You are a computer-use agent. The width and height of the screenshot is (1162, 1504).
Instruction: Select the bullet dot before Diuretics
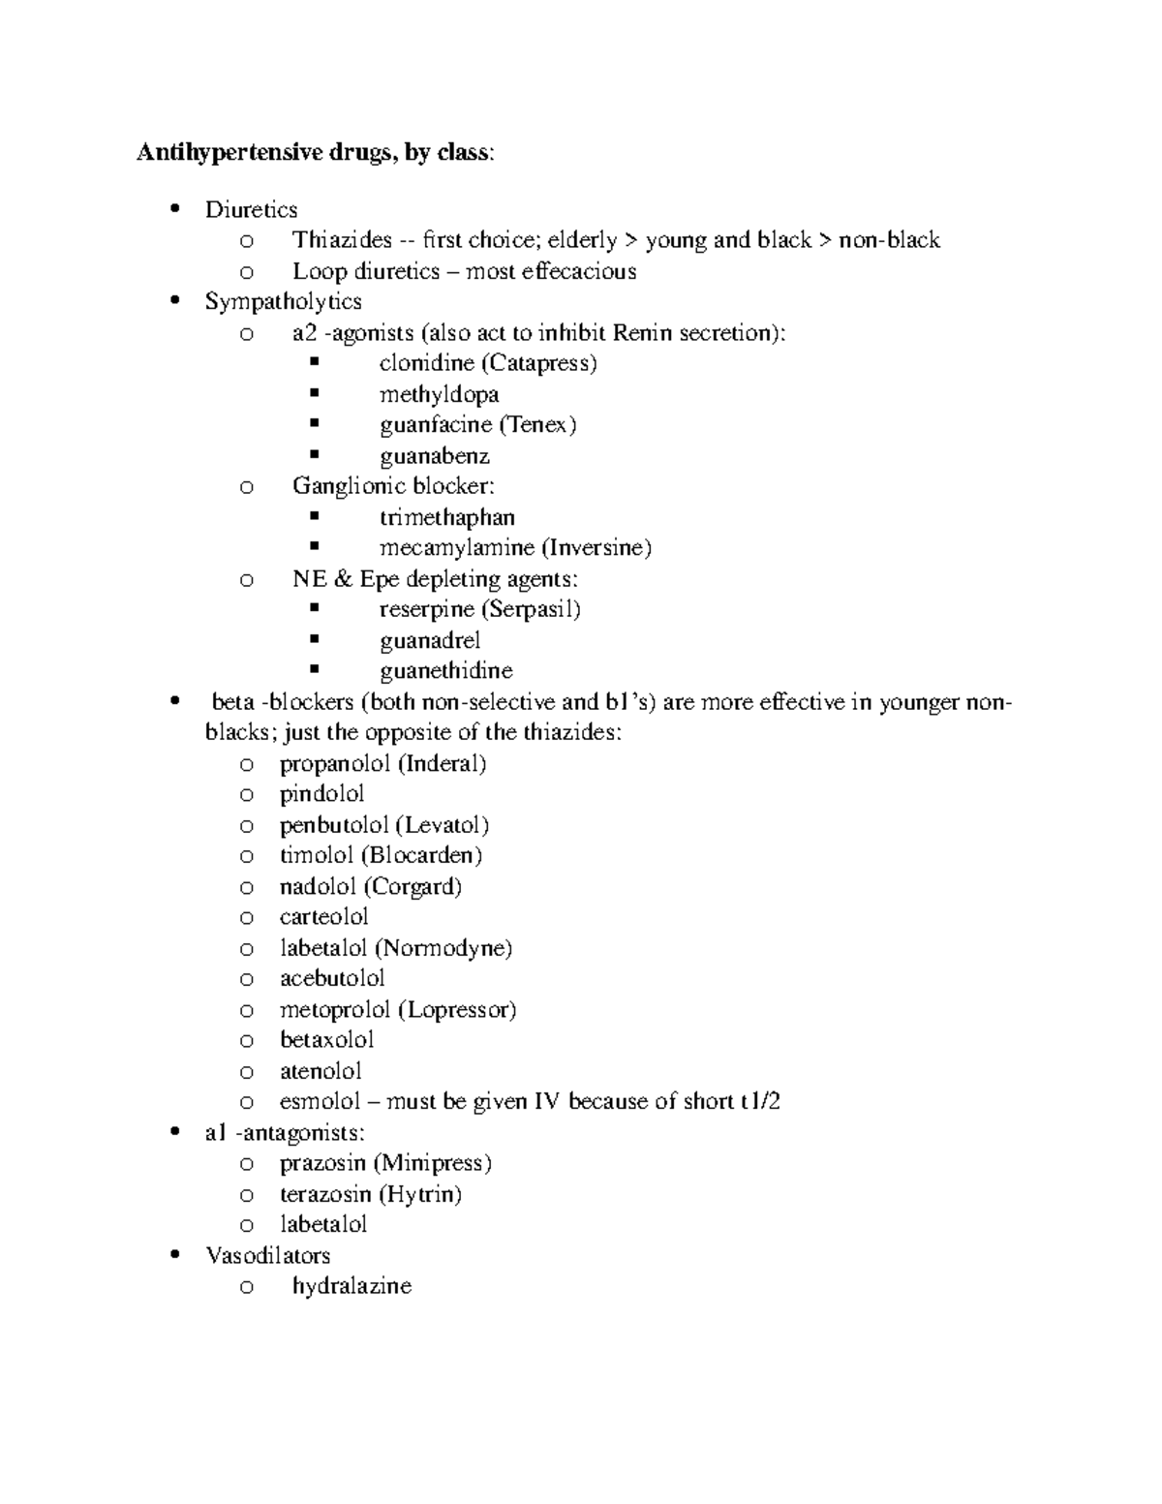(x=174, y=209)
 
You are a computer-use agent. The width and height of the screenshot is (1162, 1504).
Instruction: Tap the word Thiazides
(x=342, y=240)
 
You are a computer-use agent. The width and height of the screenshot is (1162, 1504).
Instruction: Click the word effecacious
(x=578, y=271)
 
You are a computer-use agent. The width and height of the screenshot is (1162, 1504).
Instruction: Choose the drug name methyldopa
(x=439, y=394)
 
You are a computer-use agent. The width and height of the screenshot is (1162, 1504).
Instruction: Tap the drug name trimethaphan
(x=446, y=517)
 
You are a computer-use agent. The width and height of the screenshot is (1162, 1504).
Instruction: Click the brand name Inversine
(x=596, y=548)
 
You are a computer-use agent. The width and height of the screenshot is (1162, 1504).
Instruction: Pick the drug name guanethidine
(x=445, y=671)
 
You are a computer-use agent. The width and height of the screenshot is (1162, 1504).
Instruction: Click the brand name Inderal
(x=443, y=763)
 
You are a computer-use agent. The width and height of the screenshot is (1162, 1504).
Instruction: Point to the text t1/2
(x=760, y=1101)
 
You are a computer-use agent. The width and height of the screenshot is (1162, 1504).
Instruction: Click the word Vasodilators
(x=267, y=1255)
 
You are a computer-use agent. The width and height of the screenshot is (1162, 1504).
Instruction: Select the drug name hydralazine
(x=352, y=1286)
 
